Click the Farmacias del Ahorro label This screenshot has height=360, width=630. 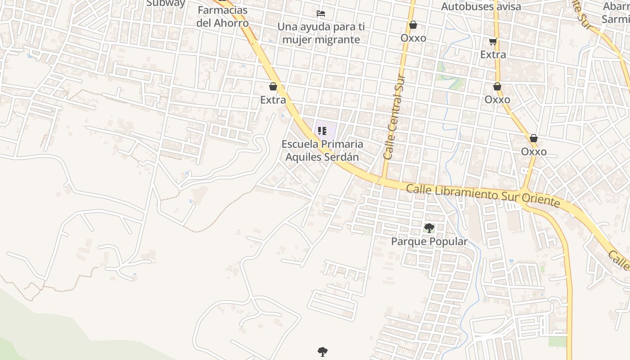(222, 17)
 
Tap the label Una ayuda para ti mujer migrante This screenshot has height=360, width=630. (320, 33)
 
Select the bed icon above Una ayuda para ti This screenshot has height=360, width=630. (321, 13)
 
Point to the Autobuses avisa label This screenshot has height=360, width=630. (481, 7)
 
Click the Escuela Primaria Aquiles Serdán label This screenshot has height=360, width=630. (322, 151)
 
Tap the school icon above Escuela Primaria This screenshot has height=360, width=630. (322, 131)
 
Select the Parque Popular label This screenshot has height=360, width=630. (429, 242)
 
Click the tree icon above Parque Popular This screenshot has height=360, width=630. (429, 228)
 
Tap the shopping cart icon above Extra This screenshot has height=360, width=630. (493, 42)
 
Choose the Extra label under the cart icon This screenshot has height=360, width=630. (493, 54)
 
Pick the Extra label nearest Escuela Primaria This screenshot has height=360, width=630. (273, 100)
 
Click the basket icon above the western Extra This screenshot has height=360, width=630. (273, 86)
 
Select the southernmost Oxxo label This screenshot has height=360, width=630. (534, 152)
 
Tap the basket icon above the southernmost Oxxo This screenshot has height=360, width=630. (534, 138)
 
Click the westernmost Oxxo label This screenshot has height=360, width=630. (413, 38)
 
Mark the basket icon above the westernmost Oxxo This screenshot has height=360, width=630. (413, 25)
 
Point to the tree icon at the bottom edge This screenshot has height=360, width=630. (322, 351)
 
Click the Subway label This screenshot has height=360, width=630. (166, 3)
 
